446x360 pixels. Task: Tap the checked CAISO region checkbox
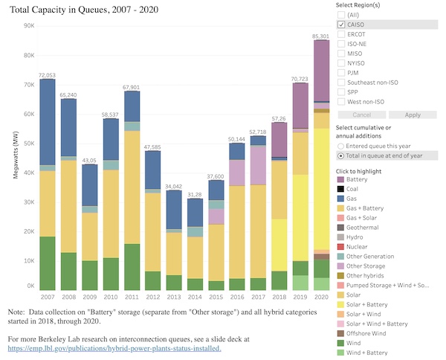tap(341, 25)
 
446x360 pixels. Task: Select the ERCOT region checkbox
tap(341, 34)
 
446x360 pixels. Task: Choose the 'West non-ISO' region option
tap(341, 101)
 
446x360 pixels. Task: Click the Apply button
tap(412, 115)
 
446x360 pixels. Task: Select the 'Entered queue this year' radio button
tap(340, 147)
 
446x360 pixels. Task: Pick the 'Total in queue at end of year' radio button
tap(340, 156)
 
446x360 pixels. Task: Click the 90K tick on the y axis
tap(29, 26)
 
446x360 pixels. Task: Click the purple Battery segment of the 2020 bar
tap(321, 71)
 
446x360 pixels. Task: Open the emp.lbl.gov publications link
tap(114, 347)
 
